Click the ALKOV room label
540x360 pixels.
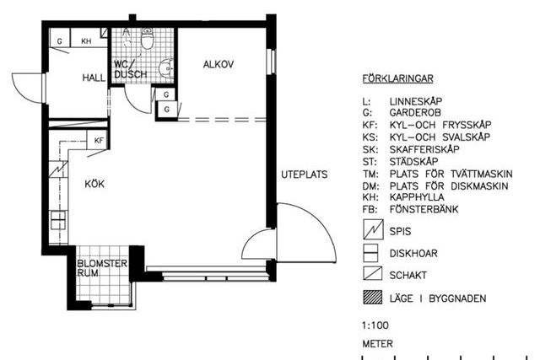click(x=218, y=64)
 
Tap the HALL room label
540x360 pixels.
click(x=94, y=78)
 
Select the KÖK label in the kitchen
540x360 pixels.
click(x=94, y=184)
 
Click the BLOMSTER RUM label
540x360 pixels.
click(x=102, y=268)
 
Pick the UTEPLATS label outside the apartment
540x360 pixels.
click(x=305, y=175)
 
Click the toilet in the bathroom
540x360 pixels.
click(x=147, y=38)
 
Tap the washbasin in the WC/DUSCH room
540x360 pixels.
click(x=166, y=68)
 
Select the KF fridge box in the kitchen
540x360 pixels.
click(x=98, y=140)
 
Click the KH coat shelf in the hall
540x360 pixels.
click(x=86, y=41)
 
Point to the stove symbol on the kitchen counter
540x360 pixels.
click(x=58, y=169)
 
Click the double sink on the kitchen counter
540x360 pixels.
click(x=58, y=220)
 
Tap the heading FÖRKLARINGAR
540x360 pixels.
click(x=397, y=78)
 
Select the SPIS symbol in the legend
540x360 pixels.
click(x=373, y=229)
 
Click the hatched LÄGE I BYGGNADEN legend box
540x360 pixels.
click(x=373, y=298)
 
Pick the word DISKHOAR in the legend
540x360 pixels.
click(x=413, y=254)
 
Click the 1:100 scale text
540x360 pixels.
click(x=375, y=325)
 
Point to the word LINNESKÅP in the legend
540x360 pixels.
click(x=416, y=101)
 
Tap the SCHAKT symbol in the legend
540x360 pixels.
click(x=373, y=274)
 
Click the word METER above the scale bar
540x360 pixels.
click(x=377, y=343)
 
